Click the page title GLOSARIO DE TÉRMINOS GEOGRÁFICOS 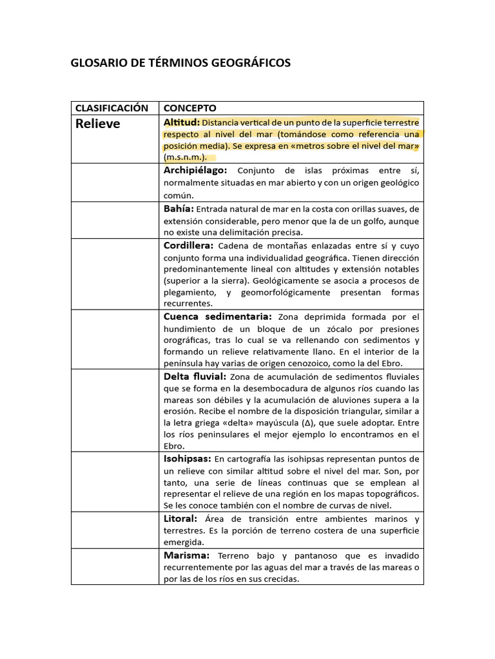180,62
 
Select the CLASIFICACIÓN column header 112,108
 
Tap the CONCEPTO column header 190,108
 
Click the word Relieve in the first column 98,124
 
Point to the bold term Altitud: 182,122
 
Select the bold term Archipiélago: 195,171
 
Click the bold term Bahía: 179,209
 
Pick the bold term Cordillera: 188,246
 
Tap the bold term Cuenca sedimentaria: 218,317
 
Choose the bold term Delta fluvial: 195,376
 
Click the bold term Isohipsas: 188,459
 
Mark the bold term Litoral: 180,519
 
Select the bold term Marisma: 186,555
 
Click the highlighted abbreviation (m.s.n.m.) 186,158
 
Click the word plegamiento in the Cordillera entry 192,293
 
